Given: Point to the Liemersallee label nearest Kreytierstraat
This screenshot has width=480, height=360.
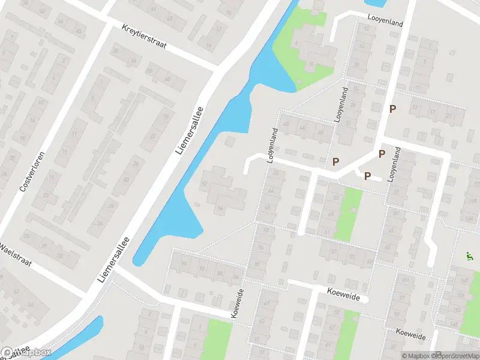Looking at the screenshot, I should point(191,130).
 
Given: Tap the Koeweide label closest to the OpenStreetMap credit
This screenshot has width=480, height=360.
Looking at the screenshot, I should point(412,334).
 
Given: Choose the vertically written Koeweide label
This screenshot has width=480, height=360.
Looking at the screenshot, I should point(238,303).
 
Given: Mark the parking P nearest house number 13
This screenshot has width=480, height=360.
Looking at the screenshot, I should point(393,109).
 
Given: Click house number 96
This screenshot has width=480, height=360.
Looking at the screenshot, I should point(184,264).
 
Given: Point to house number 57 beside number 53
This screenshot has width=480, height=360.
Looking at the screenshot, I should point(335,254).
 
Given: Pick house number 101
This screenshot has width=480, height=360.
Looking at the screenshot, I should point(405,280).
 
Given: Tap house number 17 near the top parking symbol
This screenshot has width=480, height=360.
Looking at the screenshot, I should point(413,109).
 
